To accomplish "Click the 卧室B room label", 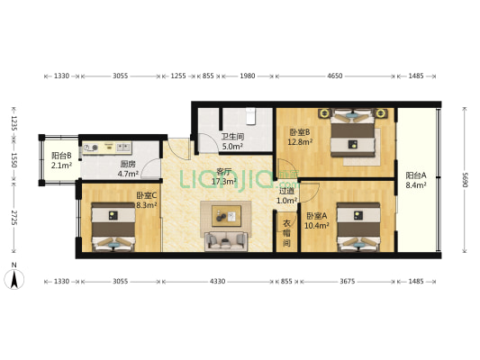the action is (300, 132).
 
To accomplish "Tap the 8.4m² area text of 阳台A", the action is (416, 185).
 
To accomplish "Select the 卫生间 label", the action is (232, 137).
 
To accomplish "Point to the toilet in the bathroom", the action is (250, 116).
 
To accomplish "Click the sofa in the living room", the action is (226, 241).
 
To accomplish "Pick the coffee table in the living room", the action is (227, 216).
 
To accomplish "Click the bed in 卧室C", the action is (113, 227).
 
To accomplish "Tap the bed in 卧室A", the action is (358, 227).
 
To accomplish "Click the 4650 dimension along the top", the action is (335, 76).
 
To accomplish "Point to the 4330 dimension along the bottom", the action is (217, 281).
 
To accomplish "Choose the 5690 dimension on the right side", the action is (465, 180).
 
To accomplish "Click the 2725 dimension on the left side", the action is (14, 218).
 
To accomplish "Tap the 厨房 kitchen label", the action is (128, 164).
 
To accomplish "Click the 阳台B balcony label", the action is (61, 156).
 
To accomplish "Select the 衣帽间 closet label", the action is (286, 233).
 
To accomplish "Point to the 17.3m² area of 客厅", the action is (223, 182).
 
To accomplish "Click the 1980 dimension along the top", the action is (248, 76).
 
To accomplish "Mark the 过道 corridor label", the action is (286, 191).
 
